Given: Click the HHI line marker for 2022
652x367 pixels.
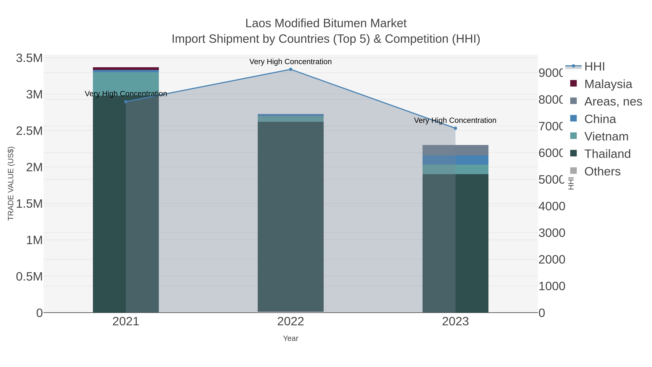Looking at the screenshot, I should point(291,69).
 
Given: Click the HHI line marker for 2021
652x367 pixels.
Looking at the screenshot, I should point(126,101).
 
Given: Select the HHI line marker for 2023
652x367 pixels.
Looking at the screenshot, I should point(455,128).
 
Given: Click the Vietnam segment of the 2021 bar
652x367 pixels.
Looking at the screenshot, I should point(126,84).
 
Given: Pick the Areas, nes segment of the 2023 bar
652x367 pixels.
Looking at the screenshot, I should point(455,150).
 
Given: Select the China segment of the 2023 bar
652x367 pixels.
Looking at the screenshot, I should point(455,160).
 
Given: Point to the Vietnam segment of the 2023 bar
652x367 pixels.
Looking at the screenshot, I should point(455,169).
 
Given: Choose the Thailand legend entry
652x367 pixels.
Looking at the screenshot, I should point(607,154).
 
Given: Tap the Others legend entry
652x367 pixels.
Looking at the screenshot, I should point(602,171).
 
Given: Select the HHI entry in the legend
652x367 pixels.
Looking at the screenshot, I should point(594,67).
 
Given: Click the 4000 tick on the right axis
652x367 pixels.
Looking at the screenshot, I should point(552,206).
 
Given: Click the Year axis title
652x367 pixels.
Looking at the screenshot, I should point(291,338).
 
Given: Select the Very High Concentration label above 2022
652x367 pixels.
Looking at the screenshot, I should point(291,62).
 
